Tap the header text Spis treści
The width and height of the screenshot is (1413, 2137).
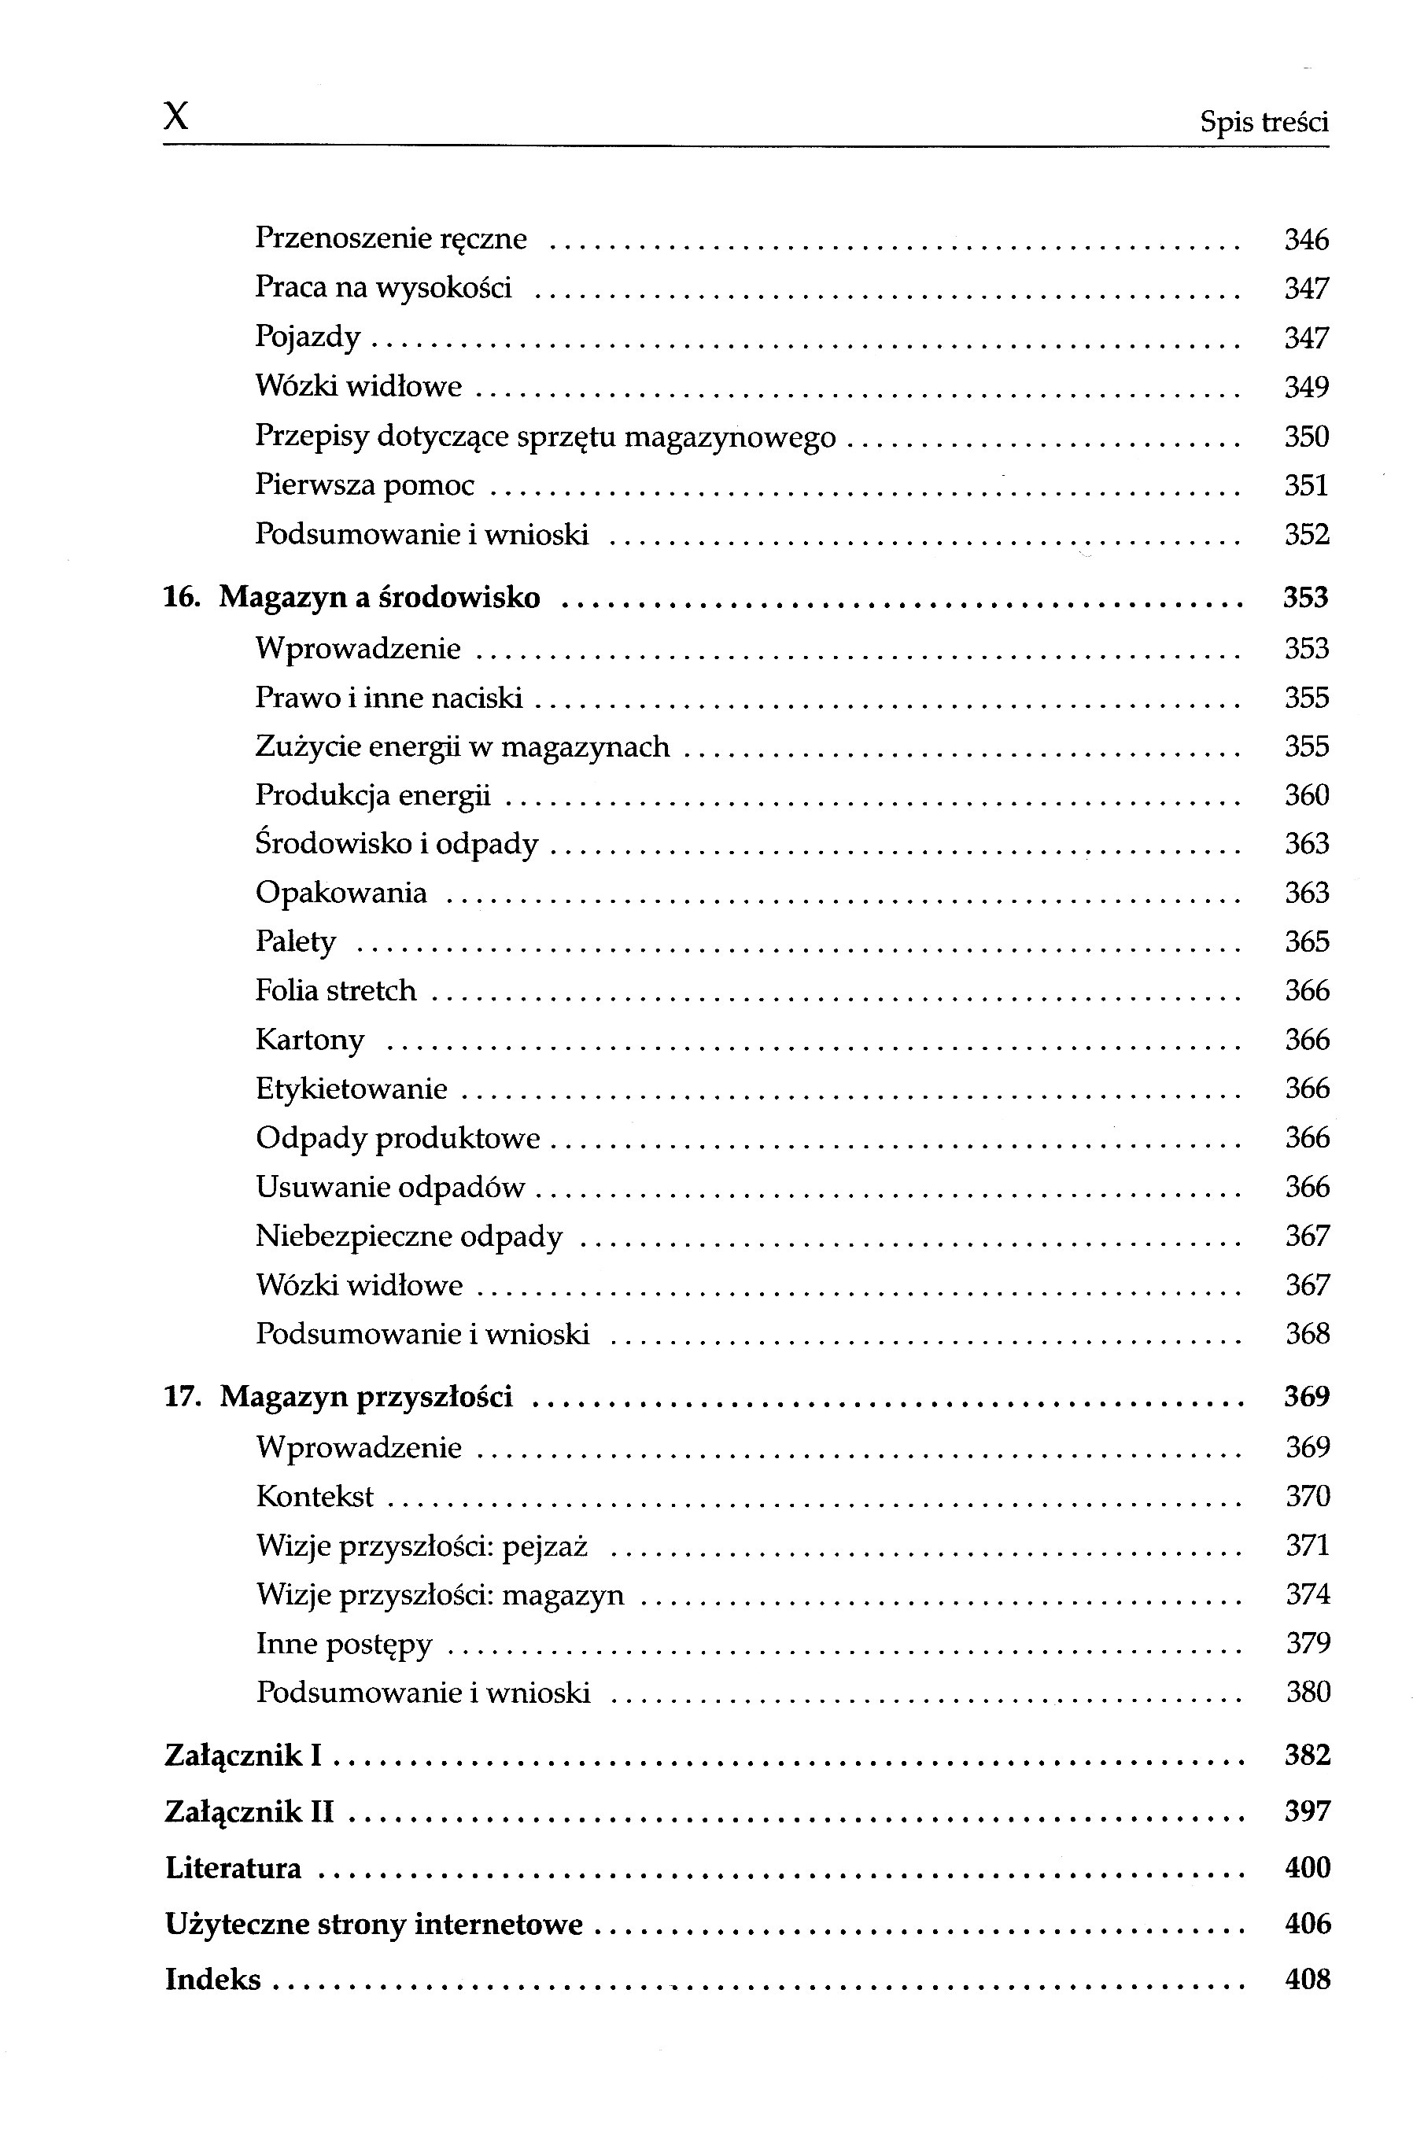click(1264, 122)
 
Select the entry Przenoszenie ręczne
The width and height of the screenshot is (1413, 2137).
click(390, 239)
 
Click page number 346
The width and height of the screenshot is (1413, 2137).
click(1306, 240)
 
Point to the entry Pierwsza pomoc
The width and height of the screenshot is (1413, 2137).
click(364, 485)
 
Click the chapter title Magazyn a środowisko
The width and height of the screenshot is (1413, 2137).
click(379, 597)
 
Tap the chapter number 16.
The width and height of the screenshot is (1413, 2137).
click(181, 597)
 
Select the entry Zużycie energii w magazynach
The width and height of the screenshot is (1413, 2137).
click(463, 747)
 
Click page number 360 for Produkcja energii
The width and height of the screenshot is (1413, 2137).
click(1307, 795)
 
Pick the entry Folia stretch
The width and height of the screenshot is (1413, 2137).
click(335, 991)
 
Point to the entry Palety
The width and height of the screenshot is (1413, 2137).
click(296, 942)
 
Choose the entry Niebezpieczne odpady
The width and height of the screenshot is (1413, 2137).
click(409, 1236)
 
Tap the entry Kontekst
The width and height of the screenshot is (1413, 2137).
click(315, 1497)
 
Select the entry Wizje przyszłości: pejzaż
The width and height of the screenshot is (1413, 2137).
click(422, 1546)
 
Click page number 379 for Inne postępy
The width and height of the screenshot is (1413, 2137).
click(1308, 1643)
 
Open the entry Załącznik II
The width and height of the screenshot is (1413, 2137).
click(249, 1811)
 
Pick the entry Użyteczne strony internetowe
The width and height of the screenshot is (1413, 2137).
click(374, 1925)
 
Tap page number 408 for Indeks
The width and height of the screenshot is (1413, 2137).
click(1308, 1980)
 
